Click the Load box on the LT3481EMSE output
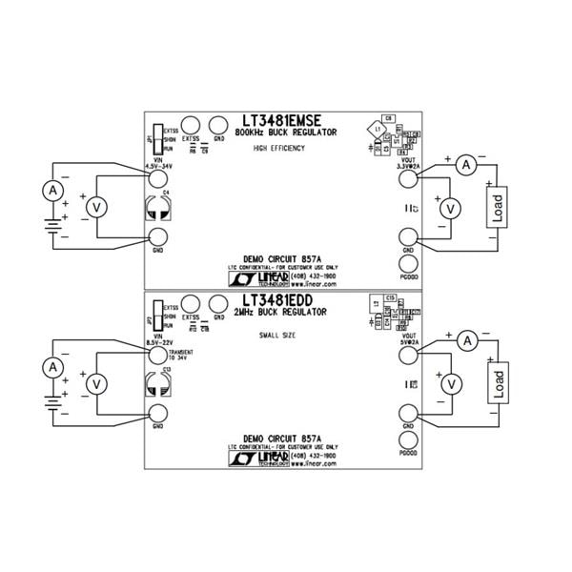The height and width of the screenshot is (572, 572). point(497,208)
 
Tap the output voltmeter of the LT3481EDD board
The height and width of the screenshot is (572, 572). point(454,383)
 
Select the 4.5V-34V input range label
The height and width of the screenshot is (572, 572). point(159,165)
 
